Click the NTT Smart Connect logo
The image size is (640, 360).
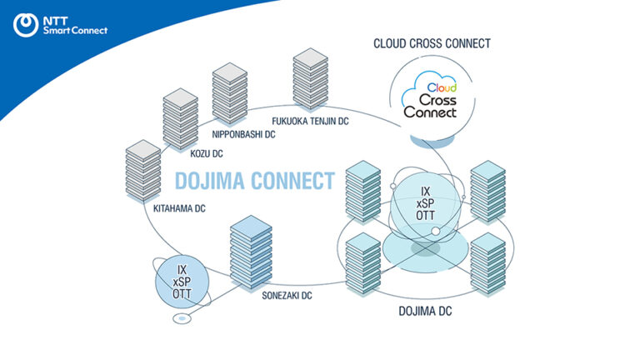click(60, 25)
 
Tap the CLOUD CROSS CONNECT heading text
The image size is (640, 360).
click(433, 43)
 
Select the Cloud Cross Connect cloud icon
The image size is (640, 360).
click(429, 100)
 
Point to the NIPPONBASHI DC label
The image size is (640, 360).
click(245, 134)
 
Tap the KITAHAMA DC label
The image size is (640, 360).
click(179, 208)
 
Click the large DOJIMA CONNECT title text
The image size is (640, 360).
click(254, 181)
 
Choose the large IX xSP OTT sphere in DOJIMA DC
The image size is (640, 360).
click(425, 204)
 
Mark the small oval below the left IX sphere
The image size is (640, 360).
click(180, 319)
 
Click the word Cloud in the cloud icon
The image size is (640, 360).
click(442, 87)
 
